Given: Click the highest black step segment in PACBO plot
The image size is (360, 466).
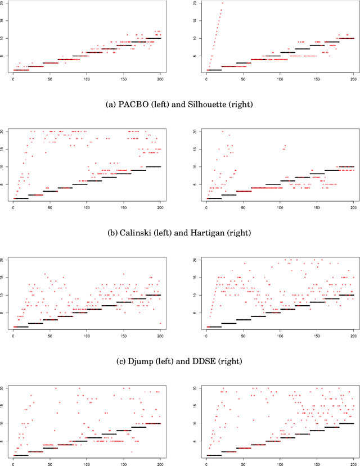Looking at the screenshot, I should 153,38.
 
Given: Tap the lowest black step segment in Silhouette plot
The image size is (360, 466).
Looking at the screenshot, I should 214,70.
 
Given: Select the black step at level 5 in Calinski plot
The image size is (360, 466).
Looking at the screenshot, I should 79,184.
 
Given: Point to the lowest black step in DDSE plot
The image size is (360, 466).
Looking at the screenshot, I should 214,327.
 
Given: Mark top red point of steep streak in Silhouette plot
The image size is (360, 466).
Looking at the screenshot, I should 222,3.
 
